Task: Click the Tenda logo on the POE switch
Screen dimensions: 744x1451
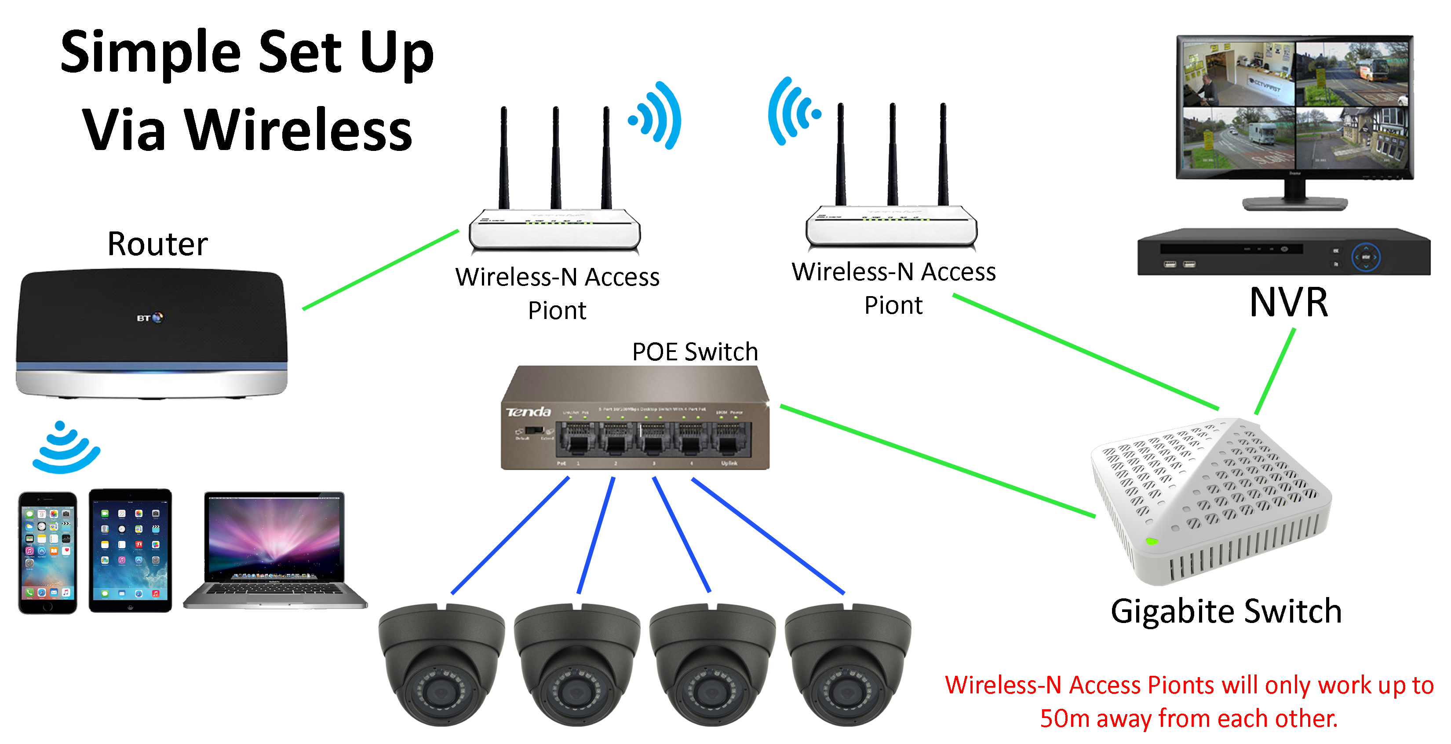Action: click(x=528, y=412)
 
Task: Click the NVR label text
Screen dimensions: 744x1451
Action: click(x=1288, y=303)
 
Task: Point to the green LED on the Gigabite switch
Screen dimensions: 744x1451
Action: click(x=1151, y=542)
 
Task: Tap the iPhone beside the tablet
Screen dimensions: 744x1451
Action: click(x=47, y=552)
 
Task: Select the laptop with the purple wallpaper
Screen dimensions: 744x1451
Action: click(x=274, y=550)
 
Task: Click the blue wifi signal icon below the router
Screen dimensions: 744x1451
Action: click(x=66, y=448)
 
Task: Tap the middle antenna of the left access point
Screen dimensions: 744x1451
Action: click(x=555, y=158)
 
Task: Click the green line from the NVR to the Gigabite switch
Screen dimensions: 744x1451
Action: click(x=1275, y=373)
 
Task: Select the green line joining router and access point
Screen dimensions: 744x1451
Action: click(x=381, y=269)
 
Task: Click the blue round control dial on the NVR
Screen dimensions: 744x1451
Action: click(x=1365, y=257)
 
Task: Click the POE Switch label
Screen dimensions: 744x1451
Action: click(x=695, y=352)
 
